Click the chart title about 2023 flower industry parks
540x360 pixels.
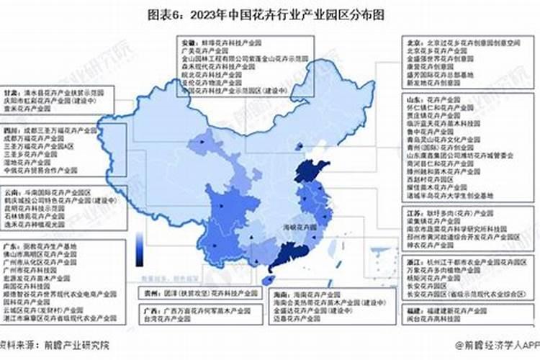(269, 12)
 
